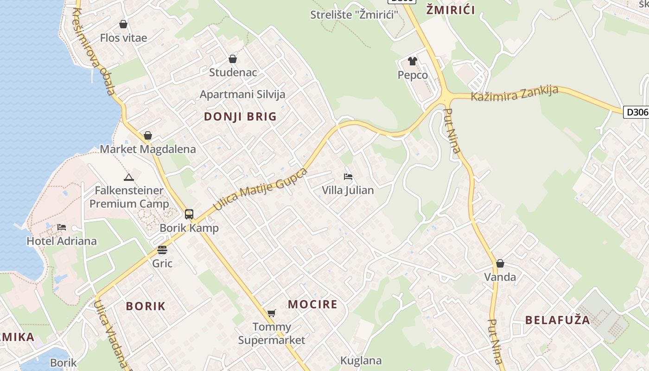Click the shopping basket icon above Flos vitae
tap(123, 24)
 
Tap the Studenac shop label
tap(233, 72)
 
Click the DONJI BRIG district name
tap(240, 116)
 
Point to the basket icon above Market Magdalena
tap(148, 135)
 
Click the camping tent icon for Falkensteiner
tap(129, 177)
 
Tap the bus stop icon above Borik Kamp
tap(189, 214)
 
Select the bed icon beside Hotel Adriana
tap(62, 227)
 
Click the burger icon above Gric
tap(162, 250)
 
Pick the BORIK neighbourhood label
tap(146, 306)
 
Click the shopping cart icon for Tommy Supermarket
tap(272, 313)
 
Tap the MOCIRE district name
tap(312, 304)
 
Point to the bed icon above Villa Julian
tap(348, 177)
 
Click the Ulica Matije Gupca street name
tap(260, 190)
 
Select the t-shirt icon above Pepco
tap(413, 61)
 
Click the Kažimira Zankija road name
tap(514, 93)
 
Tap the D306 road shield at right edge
tap(636, 112)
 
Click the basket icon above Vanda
tap(500, 263)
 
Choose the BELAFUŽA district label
tap(557, 320)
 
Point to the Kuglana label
tap(361, 360)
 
